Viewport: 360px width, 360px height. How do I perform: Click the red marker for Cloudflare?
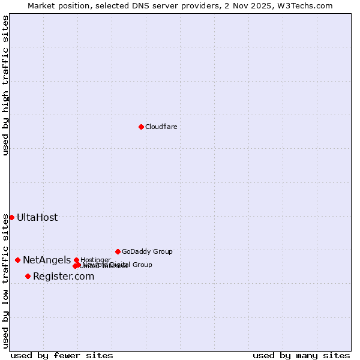tap(141, 127)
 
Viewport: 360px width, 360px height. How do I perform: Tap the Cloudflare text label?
tap(161, 127)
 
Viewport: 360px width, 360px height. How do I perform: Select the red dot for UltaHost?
tap(11, 217)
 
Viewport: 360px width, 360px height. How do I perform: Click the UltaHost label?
tap(37, 217)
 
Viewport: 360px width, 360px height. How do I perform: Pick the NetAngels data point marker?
tap(17, 260)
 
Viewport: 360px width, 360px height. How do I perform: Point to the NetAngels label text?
tap(47, 260)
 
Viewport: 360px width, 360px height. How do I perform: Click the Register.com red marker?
tap(28, 276)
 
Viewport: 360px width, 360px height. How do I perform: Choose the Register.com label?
tap(64, 276)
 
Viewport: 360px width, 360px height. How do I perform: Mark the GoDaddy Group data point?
tap(118, 251)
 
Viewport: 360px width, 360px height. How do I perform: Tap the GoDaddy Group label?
tap(147, 251)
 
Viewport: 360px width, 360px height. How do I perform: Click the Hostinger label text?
tap(96, 260)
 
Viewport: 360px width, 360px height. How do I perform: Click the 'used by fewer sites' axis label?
tap(62, 355)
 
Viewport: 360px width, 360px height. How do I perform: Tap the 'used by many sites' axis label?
tap(301, 355)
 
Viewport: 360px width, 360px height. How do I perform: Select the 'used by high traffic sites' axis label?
tap(5, 85)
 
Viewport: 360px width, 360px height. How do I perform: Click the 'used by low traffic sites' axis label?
tap(5, 281)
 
